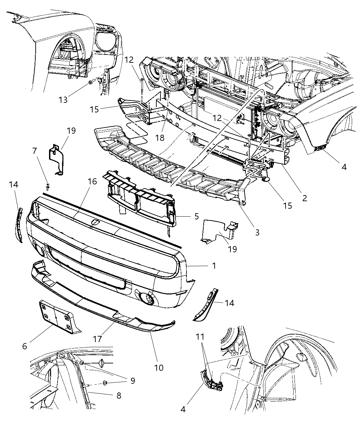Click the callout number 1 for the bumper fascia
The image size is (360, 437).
214,266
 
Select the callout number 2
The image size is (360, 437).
304,198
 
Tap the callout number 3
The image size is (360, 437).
257,232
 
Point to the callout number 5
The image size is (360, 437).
196,216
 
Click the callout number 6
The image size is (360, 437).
24,346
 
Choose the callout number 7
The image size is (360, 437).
34,150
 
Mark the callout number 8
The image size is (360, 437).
119,396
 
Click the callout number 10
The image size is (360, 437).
158,368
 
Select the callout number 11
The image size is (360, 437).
200,337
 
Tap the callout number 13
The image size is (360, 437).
63,100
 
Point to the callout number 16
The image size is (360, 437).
92,181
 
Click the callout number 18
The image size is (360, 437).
160,137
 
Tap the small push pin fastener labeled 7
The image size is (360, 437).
48,186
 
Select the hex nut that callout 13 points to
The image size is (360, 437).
90,82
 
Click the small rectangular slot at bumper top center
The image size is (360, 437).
96,223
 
